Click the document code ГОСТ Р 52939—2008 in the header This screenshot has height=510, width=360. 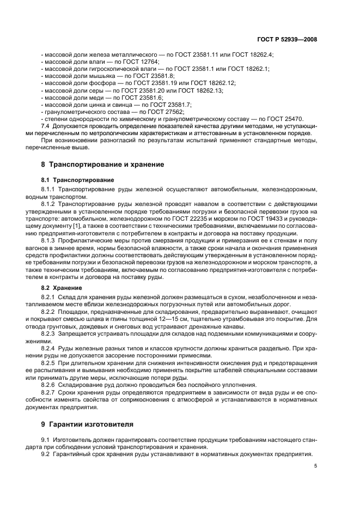[x=287, y=39]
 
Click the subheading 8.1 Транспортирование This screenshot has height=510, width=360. [x=78, y=179]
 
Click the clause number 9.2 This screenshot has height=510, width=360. [x=46, y=454]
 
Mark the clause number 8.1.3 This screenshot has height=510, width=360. [x=51, y=239]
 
